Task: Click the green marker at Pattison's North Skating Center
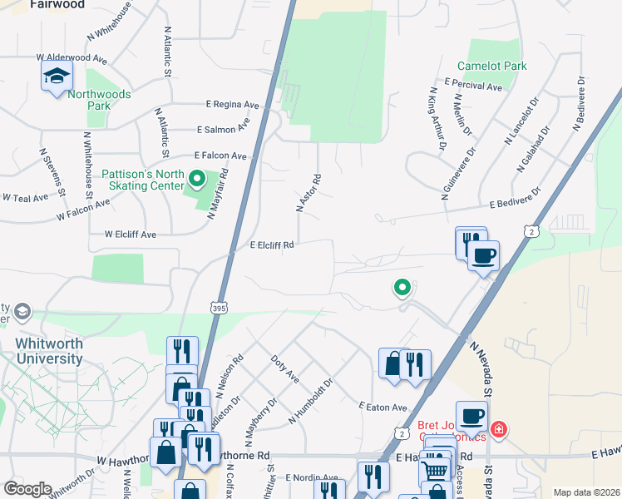pos(197,178)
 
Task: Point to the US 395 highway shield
pos(219,307)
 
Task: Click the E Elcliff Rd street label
pos(272,245)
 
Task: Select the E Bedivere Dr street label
pos(515,199)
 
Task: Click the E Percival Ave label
pos(473,85)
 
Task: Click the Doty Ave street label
pos(285,368)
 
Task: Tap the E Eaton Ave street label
pos(383,407)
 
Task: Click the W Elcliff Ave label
pos(131,235)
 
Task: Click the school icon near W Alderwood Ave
pos(57,77)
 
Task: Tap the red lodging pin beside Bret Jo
pos(498,429)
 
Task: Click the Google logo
pos(27,489)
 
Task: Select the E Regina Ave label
pos(233,105)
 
